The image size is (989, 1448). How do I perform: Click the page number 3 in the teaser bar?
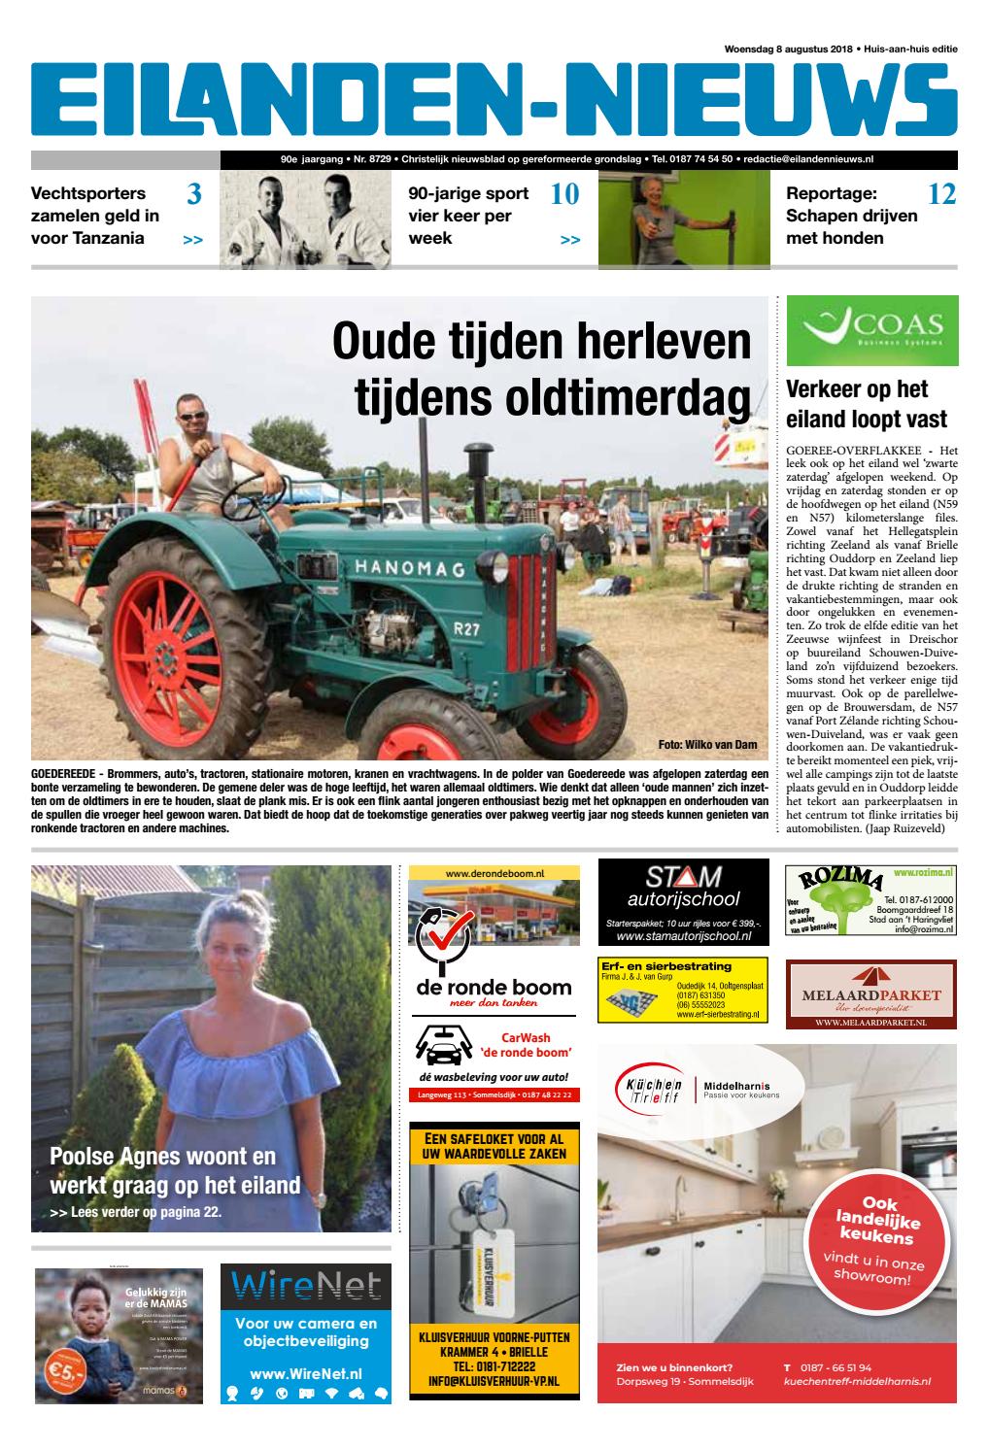pos(193,195)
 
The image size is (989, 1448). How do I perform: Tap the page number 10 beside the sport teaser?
pos(563,195)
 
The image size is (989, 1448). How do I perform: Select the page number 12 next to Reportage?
pos(941,195)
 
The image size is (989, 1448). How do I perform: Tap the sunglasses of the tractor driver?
pos(193,416)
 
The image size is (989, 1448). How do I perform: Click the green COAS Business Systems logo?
pos(870,330)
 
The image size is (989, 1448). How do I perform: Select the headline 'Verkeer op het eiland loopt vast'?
pos(866,405)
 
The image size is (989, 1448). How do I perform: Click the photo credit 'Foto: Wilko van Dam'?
pos(706,745)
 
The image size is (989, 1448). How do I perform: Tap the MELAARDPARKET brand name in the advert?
pos(871,994)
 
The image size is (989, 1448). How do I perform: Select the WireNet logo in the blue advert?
pos(306,1286)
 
